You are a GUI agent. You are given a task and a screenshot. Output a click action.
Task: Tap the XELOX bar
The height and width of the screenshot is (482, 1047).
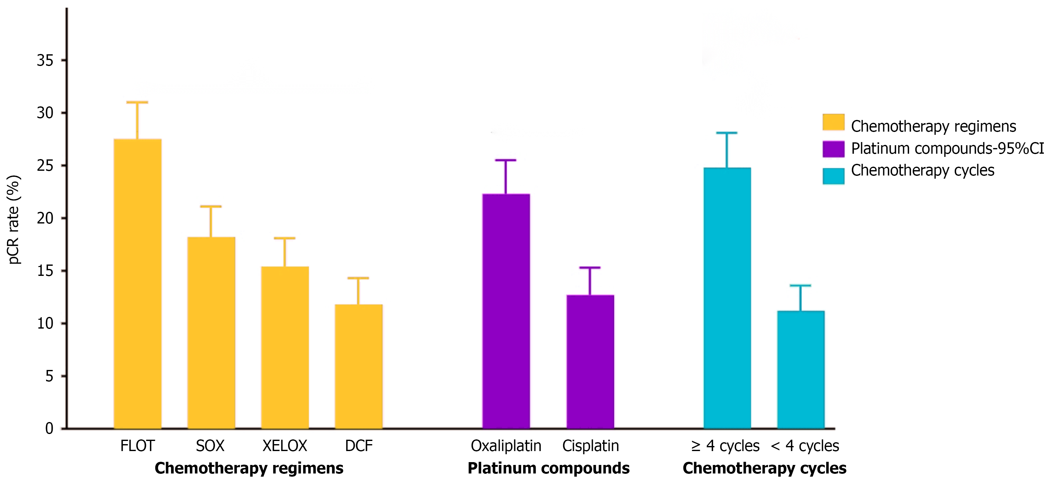click(285, 348)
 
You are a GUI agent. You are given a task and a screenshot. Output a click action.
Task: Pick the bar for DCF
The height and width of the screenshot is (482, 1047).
click(359, 366)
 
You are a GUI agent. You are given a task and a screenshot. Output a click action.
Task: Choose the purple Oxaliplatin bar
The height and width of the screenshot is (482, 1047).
click(506, 311)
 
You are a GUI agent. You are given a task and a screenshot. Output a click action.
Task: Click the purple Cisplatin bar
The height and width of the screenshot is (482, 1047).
click(590, 362)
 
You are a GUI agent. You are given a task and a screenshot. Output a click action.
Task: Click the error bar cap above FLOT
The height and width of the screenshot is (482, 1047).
click(137, 102)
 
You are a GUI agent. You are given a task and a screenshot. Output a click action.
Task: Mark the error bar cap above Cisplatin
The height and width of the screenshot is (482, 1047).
click(590, 267)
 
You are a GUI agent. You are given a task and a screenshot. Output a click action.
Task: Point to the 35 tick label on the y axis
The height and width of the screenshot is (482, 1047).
click(45, 61)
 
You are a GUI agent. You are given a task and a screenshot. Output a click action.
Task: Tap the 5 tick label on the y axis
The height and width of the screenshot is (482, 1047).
click(49, 376)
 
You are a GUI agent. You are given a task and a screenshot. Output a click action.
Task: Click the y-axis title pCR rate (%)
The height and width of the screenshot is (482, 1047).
click(14, 219)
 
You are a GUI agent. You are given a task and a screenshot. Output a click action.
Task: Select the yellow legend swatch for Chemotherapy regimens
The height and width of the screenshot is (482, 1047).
click(833, 122)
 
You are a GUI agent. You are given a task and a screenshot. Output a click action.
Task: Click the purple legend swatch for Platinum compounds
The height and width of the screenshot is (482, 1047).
click(833, 149)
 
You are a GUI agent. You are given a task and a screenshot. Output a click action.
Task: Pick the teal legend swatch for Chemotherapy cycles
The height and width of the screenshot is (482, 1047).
click(833, 176)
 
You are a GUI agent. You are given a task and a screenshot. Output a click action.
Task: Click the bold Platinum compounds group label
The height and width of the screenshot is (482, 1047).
click(548, 468)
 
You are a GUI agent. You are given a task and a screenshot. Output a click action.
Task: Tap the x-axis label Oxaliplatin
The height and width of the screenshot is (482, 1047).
click(506, 446)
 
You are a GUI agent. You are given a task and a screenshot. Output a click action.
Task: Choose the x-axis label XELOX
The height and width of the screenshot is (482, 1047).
click(285, 446)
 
